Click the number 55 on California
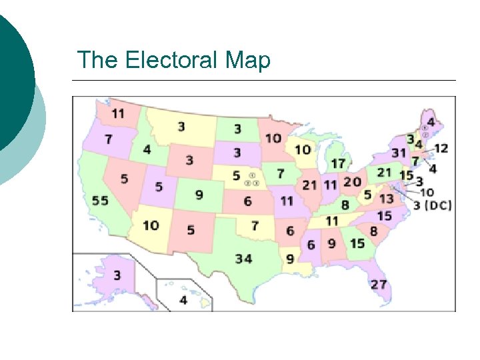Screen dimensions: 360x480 [100, 201]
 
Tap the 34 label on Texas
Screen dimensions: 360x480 [243, 258]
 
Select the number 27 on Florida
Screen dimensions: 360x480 [379, 284]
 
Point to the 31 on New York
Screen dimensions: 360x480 [399, 153]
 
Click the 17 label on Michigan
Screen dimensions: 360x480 [339, 163]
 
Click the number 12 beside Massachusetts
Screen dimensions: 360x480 [441, 148]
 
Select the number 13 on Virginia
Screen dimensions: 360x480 [386, 199]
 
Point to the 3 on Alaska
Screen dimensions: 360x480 [117, 275]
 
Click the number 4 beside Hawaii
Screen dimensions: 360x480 [183, 300]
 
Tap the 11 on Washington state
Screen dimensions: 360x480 [117, 114]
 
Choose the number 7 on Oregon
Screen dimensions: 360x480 [108, 141]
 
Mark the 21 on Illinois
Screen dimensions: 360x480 [310, 185]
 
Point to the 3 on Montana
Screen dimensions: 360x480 [181, 127]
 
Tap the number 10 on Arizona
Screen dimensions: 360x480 [151, 225]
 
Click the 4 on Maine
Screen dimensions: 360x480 [431, 123]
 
